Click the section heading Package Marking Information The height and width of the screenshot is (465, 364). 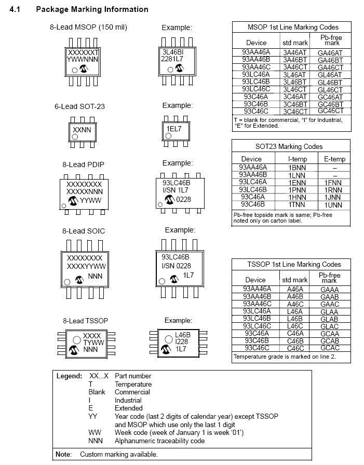pyautogui.click(x=92, y=9)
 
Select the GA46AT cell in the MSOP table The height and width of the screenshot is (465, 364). pyautogui.click(x=330, y=53)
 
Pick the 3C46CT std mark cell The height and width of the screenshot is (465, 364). pyautogui.click(x=295, y=112)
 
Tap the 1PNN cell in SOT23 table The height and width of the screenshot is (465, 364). pyautogui.click(x=296, y=190)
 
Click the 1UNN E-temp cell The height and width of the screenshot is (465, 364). pyautogui.click(x=333, y=205)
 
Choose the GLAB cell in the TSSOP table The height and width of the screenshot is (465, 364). pyautogui.click(x=329, y=319)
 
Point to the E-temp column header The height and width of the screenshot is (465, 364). pyautogui.click(x=334, y=159)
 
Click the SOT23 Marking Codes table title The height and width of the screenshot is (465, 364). pyautogui.click(x=289, y=146)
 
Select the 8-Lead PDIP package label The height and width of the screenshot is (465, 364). pyautogui.click(x=84, y=165)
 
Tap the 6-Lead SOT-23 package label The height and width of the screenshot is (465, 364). pyautogui.click(x=79, y=106)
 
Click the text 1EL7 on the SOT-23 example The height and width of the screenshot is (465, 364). pyautogui.click(x=174, y=129)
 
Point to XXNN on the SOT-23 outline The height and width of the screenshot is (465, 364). pyautogui.click(x=82, y=130)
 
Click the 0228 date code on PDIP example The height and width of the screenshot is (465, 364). pyautogui.click(x=183, y=200)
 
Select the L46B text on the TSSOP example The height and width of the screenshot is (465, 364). pyautogui.click(x=183, y=335)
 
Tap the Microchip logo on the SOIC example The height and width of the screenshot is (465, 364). pyautogui.click(x=174, y=279)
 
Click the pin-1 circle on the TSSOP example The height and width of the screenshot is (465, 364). pyautogui.click(x=169, y=339)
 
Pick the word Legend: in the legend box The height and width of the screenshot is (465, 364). pyautogui.click(x=69, y=376)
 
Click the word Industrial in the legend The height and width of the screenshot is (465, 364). pyautogui.click(x=128, y=400)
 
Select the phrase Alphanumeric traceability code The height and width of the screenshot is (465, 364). pyautogui.click(x=159, y=441)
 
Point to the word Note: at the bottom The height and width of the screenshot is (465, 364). pyautogui.click(x=64, y=454)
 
